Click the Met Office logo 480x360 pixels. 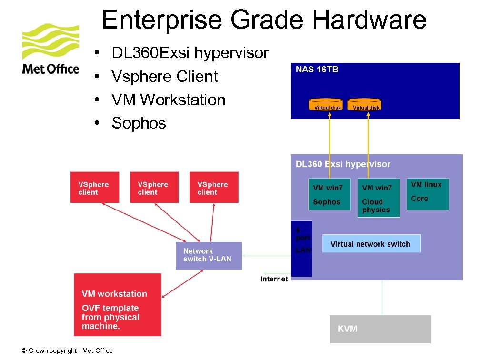point(50,49)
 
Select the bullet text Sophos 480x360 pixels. point(139,123)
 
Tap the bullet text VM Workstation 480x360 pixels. point(168,100)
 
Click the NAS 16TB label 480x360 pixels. point(317,70)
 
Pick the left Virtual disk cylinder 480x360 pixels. point(327,104)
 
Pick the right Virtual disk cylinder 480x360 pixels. point(365,104)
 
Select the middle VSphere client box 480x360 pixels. point(154,188)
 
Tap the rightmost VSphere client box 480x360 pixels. point(214,188)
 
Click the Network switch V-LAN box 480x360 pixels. point(209,255)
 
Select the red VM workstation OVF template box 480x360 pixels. point(118,305)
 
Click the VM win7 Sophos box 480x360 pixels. point(329,194)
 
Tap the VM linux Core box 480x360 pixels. point(427,194)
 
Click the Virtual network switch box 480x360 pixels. point(371,244)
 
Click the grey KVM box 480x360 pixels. point(380,329)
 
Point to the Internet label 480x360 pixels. point(274,279)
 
